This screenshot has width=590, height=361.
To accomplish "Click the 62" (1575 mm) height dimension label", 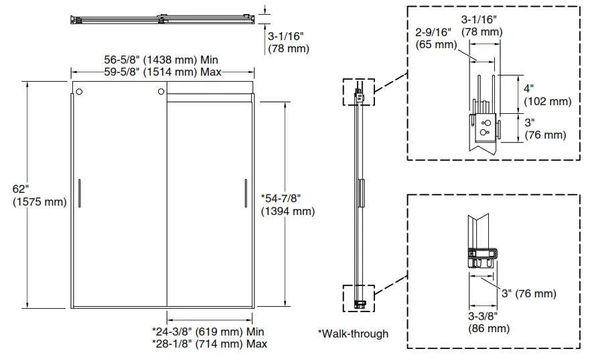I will click(39, 196).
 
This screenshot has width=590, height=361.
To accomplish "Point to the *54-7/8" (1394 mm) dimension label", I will click(287, 205).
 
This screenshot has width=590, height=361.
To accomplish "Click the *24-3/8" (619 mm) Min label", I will click(208, 332).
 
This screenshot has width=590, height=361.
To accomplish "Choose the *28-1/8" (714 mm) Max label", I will click(209, 344).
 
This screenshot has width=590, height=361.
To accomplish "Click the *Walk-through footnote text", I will click(353, 334).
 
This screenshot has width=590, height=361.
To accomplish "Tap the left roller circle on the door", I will click(79, 92).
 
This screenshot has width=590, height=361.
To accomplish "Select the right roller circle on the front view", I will click(161, 92).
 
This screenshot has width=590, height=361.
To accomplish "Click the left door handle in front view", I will click(79, 192).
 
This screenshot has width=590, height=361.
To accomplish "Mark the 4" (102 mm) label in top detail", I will click(546, 95).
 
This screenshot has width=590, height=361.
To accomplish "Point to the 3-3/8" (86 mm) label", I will click(489, 322).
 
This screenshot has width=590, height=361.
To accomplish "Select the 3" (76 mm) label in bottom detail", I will click(529, 293).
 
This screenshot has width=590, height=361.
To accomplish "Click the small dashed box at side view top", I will click(358, 92).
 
